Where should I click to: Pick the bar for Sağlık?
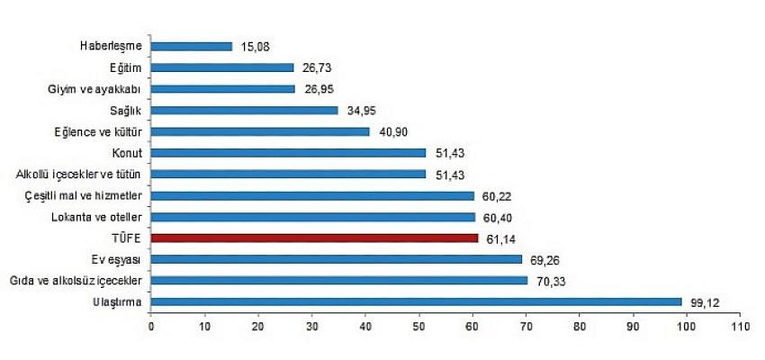pyautogui.click(x=245, y=110)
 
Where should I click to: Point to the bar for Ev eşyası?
pyautogui.click(x=337, y=259)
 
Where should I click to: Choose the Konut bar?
pyautogui.click(x=288, y=152)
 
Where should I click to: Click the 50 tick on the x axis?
pyautogui.click(x=419, y=326)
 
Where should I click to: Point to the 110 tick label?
pyautogui.click(x=740, y=326)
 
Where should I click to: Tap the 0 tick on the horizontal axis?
pyautogui.click(x=151, y=326)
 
